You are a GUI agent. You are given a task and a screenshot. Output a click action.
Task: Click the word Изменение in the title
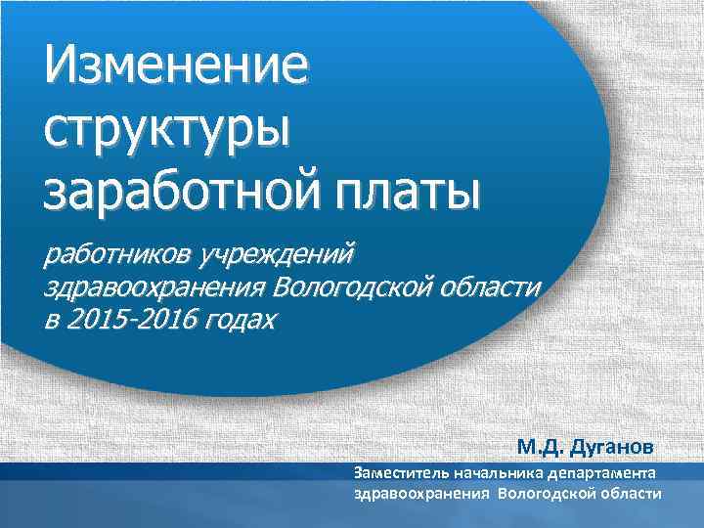pos(175,69)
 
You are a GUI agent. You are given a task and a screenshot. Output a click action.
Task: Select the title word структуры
pos(167,129)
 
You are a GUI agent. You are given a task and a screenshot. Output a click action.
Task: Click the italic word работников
pos(117,256)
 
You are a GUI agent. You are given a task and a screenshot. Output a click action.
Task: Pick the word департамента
pos(607,473)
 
